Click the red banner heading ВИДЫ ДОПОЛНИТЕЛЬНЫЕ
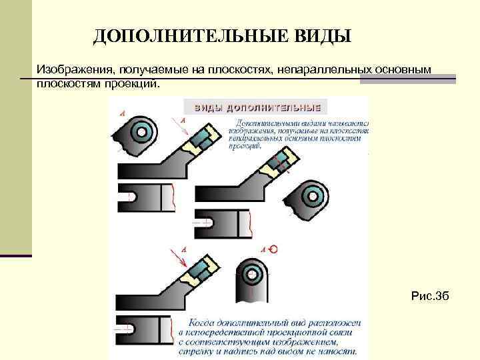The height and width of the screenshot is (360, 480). (x=257, y=107)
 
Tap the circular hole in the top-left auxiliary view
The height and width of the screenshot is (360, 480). (x=141, y=129)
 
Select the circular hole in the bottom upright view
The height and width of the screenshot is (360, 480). (x=251, y=271)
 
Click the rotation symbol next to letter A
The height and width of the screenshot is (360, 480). (x=274, y=249)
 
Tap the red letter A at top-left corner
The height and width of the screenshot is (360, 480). (x=123, y=114)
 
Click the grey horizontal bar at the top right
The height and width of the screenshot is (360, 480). (x=408, y=79)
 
